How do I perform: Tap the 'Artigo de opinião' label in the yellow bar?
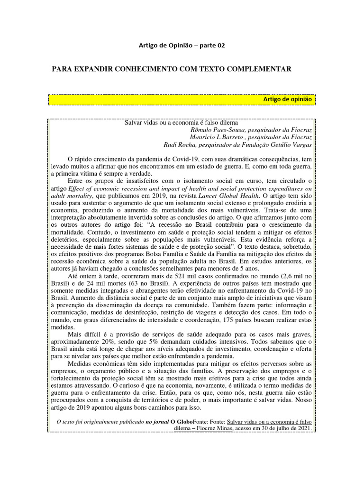pos(287,99)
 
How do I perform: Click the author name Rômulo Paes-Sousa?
pos(211,130)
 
